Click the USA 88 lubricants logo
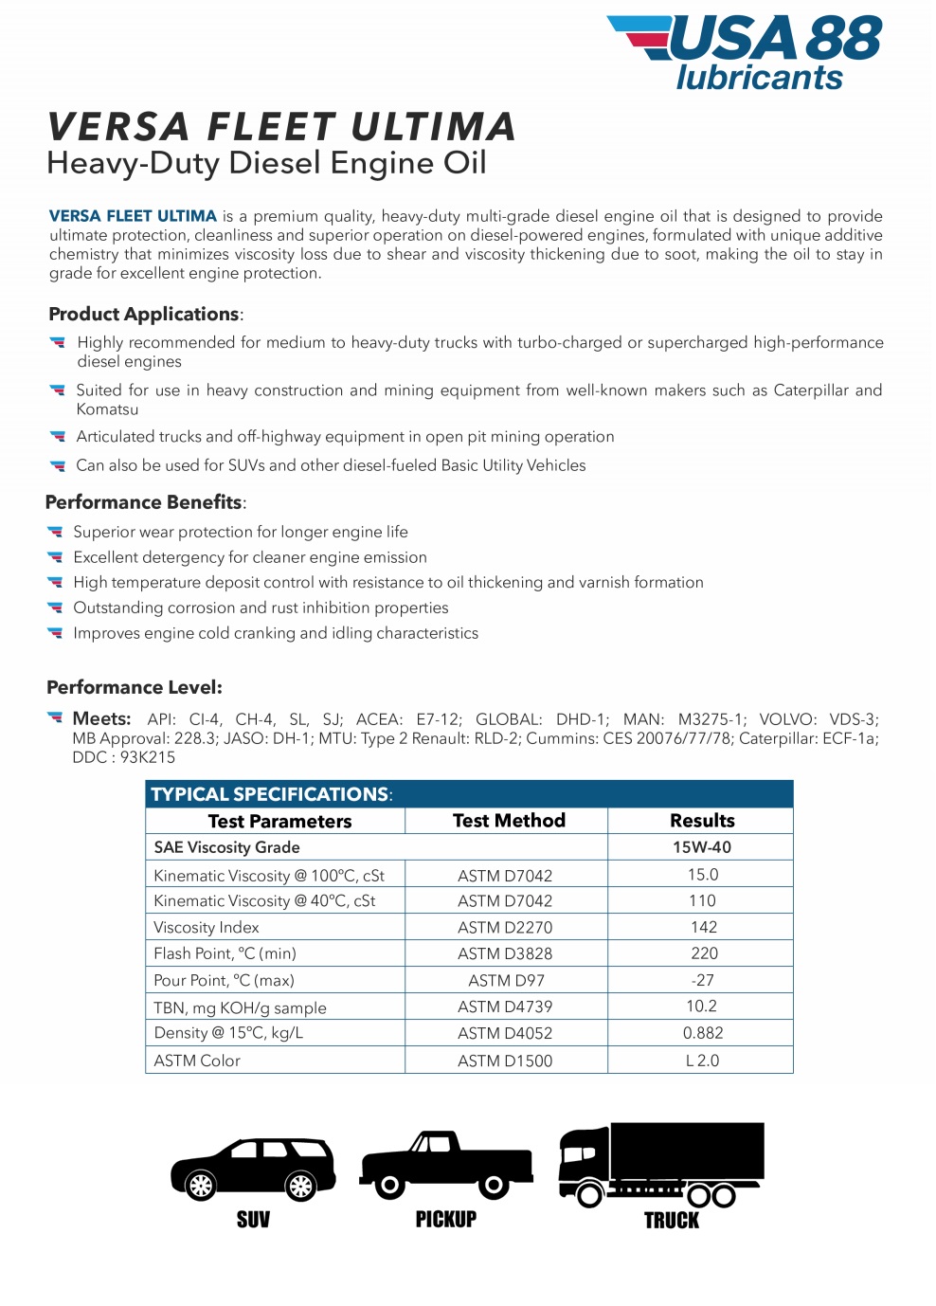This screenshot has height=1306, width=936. (x=745, y=52)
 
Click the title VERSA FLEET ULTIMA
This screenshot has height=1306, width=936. (x=281, y=127)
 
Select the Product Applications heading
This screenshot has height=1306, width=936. (x=144, y=314)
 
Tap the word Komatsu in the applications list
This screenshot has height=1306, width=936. (x=107, y=409)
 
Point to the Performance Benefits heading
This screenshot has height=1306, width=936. (x=144, y=502)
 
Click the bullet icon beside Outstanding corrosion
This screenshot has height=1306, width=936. (x=56, y=608)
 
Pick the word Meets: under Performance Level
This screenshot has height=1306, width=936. (x=101, y=719)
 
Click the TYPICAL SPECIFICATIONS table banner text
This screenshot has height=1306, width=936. (x=270, y=794)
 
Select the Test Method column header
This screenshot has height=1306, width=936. (x=509, y=821)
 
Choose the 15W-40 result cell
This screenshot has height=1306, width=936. (x=702, y=847)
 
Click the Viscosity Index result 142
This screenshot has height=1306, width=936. (x=703, y=927)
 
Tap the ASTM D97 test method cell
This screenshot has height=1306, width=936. (x=506, y=980)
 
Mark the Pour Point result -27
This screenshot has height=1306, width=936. (x=702, y=980)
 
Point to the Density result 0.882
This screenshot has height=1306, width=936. (x=702, y=1033)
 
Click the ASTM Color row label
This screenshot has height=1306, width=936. (x=197, y=1061)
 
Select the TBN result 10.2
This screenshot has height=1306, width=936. (x=701, y=1007)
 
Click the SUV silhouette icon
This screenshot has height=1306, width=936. (x=253, y=1170)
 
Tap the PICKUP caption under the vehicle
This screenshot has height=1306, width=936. (x=445, y=1220)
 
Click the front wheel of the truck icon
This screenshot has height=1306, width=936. (x=589, y=1195)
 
